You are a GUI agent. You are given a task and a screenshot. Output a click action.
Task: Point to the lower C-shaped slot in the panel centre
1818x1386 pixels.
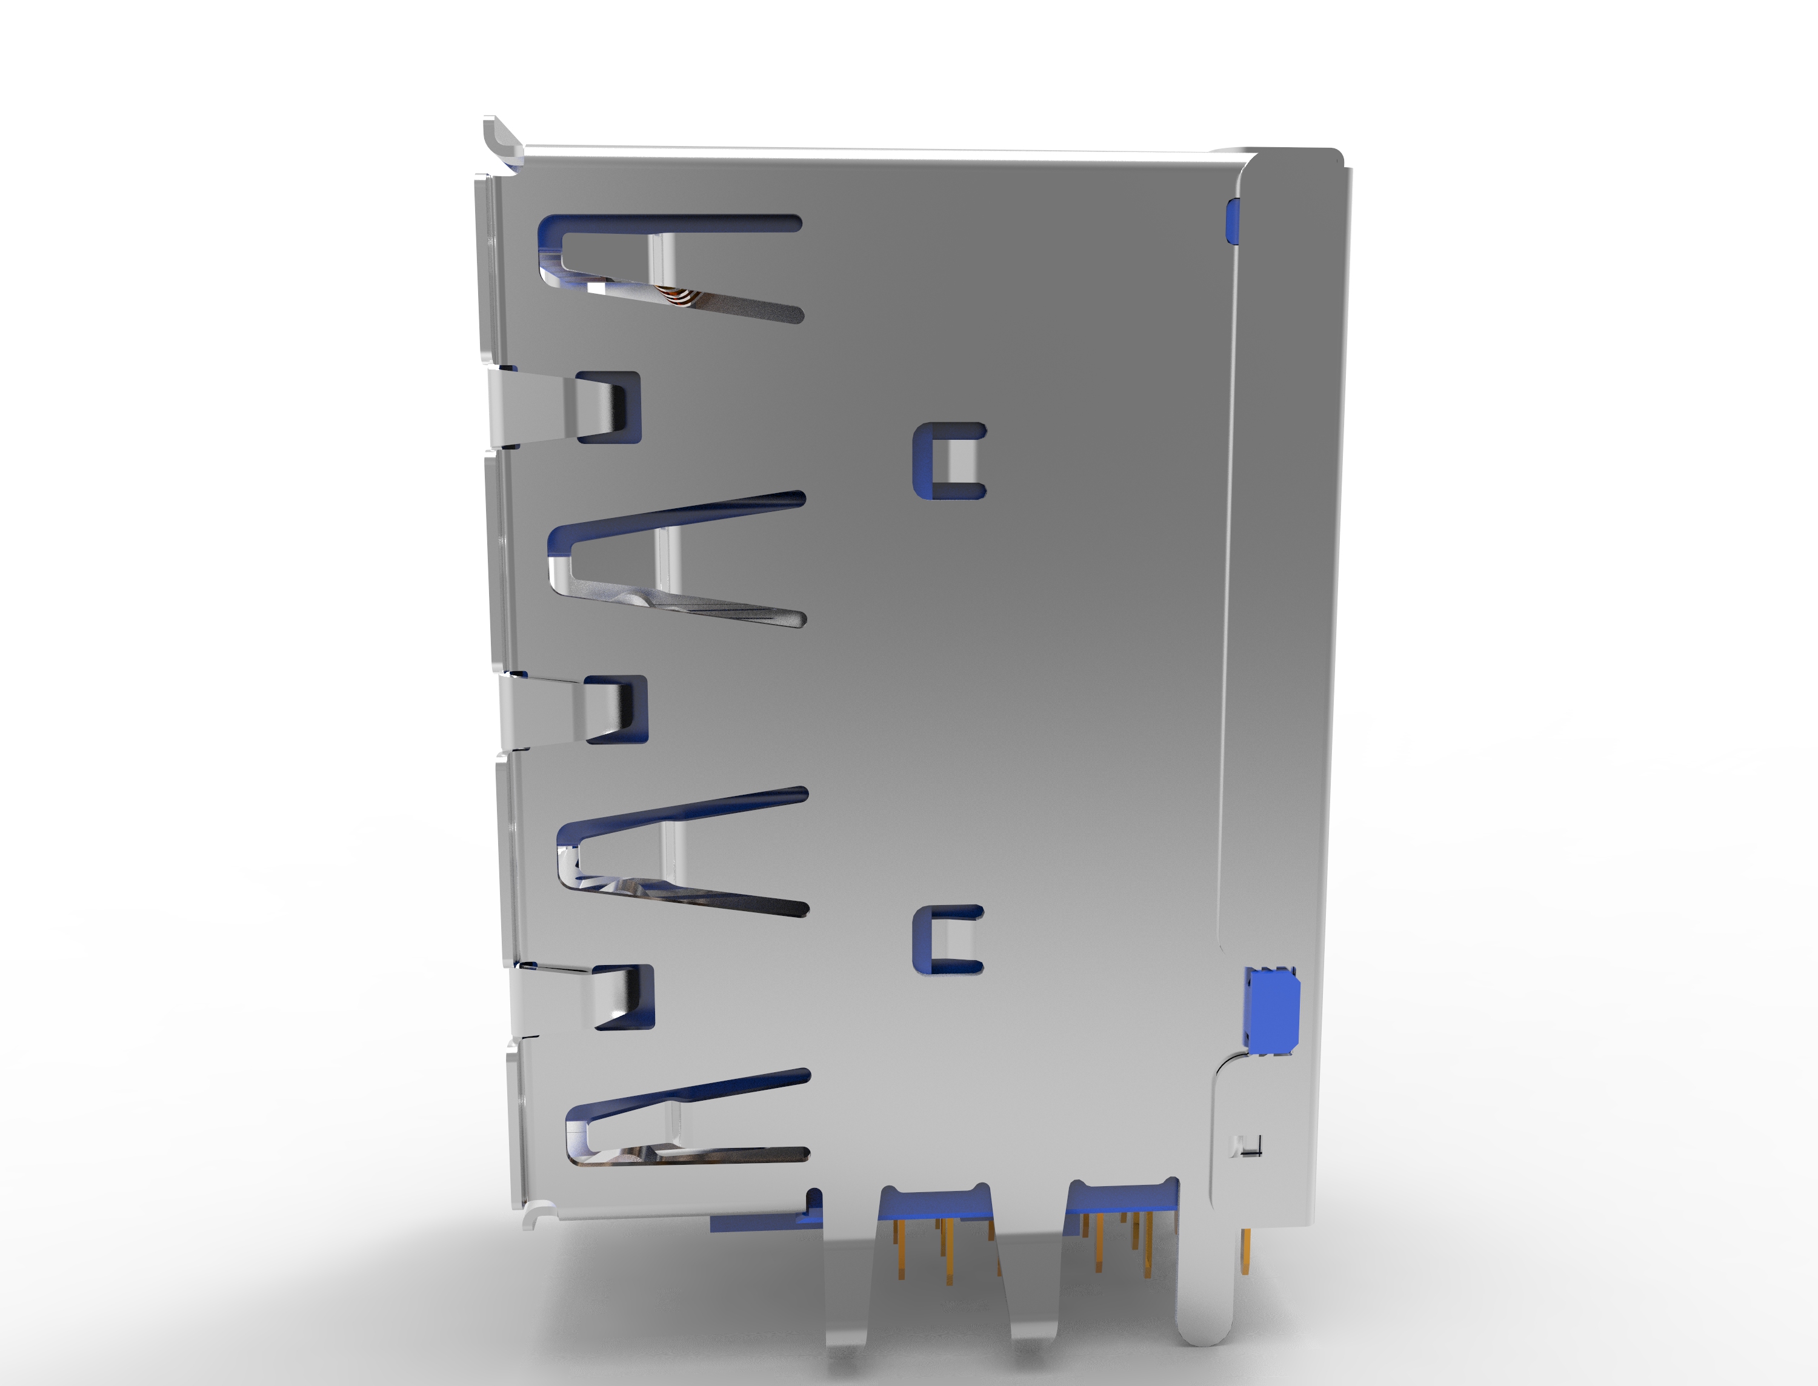pyautogui.click(x=947, y=941)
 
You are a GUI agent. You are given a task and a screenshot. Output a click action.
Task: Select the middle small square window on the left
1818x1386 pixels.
pyautogui.click(x=616, y=709)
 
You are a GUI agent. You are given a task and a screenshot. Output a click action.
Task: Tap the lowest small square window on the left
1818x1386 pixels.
pyautogui.click(x=625, y=996)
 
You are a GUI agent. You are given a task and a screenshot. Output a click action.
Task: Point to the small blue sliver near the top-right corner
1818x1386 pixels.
pyautogui.click(x=1232, y=221)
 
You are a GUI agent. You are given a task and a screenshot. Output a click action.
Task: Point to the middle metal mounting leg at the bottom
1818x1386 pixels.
pyautogui.click(x=1031, y=1287)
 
